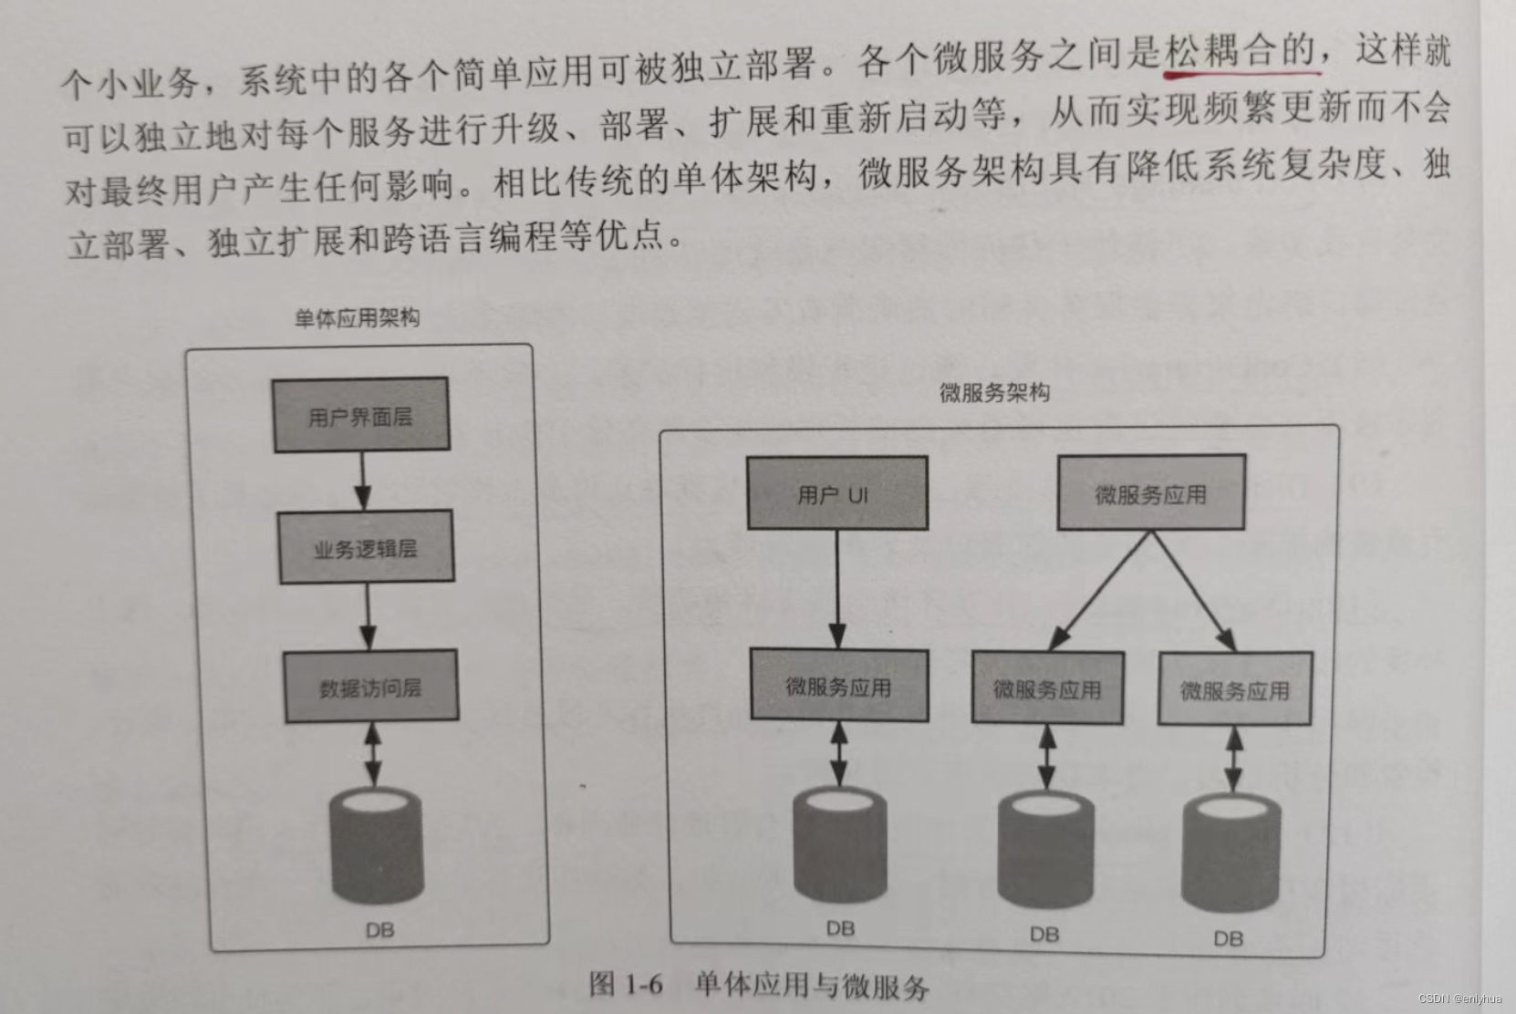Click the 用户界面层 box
tap(361, 415)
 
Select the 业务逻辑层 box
tap(366, 547)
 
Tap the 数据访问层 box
tap(370, 687)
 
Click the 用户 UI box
tap(836, 493)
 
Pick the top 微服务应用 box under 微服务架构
tap(1150, 493)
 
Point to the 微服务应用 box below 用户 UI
tap(838, 686)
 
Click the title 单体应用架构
tap(357, 317)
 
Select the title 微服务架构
tap(994, 392)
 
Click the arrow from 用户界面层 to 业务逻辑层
tap(362, 480)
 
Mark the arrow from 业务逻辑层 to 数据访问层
tap(368, 616)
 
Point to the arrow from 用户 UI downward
tap(837, 589)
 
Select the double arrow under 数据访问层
tap(372, 753)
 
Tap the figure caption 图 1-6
tap(626, 984)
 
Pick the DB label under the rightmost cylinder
tap(1228, 938)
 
